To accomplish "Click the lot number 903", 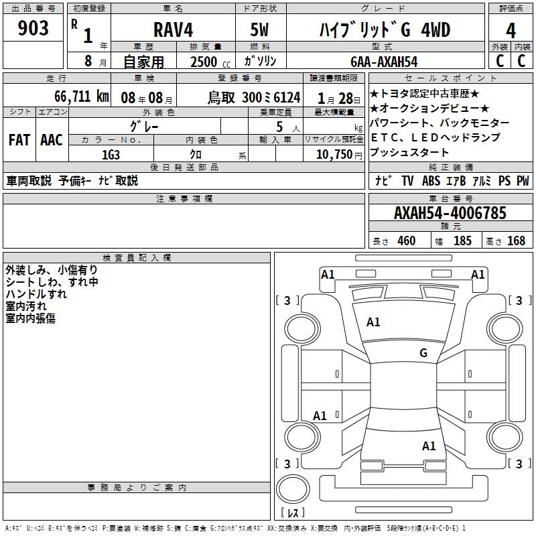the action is tap(34, 29).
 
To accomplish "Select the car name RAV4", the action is tap(173, 30).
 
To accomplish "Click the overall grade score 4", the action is tap(511, 31).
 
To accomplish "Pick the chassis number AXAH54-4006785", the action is tap(450, 213).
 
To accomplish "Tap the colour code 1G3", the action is tap(111, 154).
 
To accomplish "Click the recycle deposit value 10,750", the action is tap(333, 154).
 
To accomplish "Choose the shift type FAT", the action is tap(19, 139).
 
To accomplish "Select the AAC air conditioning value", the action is tap(52, 139).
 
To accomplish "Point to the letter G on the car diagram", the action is tap(423, 353).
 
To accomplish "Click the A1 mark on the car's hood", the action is tap(373, 322).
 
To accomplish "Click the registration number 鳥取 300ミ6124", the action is tap(253, 96).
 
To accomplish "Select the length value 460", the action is tap(406, 241).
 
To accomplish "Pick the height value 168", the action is tap(516, 241).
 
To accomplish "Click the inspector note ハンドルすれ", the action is tap(36, 294).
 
